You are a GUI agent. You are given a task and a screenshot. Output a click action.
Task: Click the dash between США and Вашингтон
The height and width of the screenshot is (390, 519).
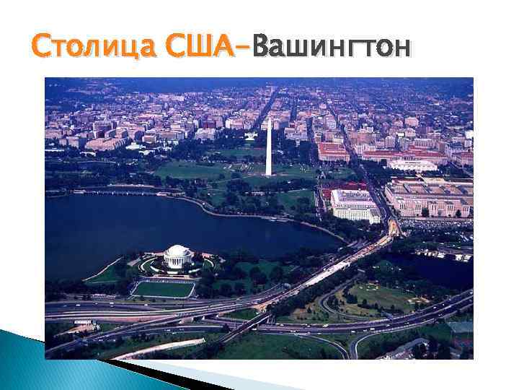(243, 48)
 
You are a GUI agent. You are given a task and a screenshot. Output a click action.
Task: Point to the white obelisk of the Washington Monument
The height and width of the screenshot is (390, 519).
(269, 148)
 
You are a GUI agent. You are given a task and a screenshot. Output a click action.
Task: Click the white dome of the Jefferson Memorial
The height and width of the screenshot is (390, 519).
(178, 253)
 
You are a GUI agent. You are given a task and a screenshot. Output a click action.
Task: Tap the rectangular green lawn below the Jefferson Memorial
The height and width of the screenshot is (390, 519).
(164, 289)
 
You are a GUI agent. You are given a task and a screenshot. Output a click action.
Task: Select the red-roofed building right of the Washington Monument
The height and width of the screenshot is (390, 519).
(333, 151)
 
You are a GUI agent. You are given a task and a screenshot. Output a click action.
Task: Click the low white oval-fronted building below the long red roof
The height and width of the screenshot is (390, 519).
(412, 165)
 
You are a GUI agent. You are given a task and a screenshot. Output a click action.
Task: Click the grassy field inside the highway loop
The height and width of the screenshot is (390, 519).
(382, 296)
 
